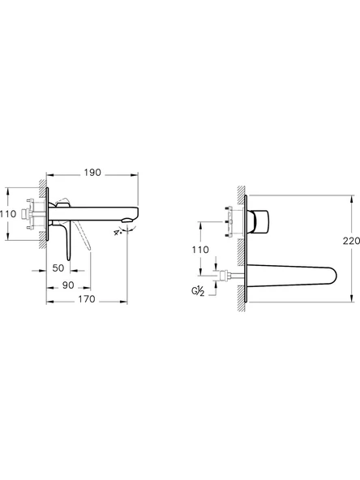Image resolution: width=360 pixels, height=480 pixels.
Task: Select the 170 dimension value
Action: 87,299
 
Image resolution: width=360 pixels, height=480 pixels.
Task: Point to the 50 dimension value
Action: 59,267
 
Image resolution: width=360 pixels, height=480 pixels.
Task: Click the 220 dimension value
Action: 350,241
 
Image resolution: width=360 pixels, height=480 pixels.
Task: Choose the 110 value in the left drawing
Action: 8,213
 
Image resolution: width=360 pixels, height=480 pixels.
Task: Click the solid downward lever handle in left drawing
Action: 63,241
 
